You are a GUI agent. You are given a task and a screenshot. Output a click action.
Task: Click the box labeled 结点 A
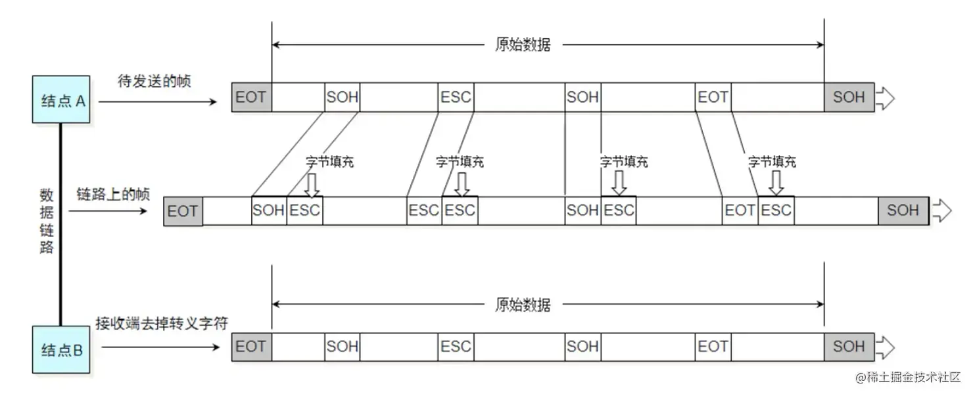[x=61, y=99]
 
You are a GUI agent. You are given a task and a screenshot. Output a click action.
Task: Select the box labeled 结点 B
[x=61, y=349]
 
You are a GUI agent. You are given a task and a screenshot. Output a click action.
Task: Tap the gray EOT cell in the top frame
[x=251, y=97]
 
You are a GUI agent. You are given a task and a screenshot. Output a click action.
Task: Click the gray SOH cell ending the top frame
[x=849, y=97]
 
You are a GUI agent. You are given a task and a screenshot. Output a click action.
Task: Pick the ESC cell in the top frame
[x=456, y=97]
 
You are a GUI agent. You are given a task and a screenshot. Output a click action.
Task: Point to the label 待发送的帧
[x=154, y=81]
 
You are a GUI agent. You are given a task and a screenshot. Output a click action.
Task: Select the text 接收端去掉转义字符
[x=162, y=323]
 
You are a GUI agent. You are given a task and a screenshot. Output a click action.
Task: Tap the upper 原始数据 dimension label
[x=523, y=45]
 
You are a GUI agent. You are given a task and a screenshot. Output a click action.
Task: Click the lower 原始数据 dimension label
[x=523, y=304]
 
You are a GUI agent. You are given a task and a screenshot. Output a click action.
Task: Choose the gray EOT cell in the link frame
[x=183, y=211]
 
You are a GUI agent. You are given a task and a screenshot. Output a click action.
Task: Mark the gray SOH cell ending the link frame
[x=903, y=210]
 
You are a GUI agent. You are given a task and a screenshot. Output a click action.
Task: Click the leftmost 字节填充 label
[x=330, y=162]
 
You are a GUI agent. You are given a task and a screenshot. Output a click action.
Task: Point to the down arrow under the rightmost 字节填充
[x=776, y=183]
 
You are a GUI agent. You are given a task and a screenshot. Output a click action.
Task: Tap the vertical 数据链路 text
[x=47, y=221]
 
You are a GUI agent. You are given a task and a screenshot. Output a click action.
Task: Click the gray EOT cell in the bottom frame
[x=251, y=347]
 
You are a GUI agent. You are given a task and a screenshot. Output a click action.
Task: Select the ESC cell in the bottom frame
[x=456, y=347]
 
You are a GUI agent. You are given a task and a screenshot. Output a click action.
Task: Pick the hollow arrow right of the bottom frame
[x=885, y=347]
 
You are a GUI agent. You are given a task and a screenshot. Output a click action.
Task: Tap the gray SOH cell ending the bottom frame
[x=849, y=347]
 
